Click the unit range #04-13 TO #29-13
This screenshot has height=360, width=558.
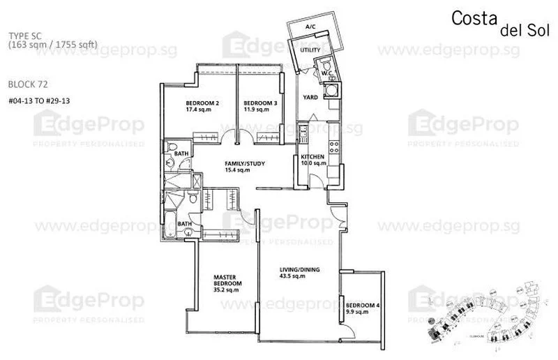coord(40,100)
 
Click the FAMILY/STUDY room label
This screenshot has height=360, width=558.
coord(238,164)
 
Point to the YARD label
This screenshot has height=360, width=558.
coord(310,97)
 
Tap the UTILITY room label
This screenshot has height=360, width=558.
coord(310,51)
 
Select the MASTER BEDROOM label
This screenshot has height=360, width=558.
coord(227,280)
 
